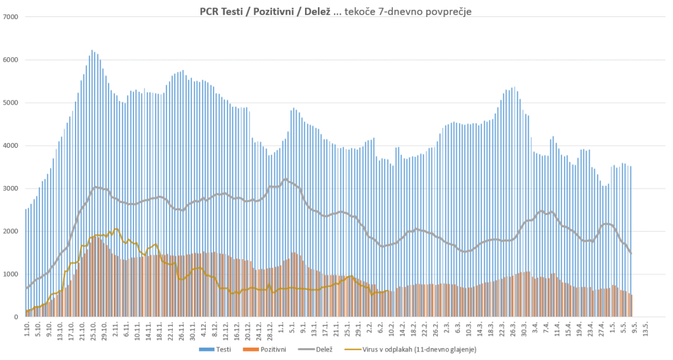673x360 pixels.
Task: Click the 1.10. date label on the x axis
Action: [x=27, y=330]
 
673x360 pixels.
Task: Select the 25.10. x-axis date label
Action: [x=93, y=331]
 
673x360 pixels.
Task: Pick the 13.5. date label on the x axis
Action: [x=648, y=331]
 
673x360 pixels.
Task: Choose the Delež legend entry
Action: [x=315, y=349]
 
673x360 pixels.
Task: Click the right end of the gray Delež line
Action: [x=631, y=254]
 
